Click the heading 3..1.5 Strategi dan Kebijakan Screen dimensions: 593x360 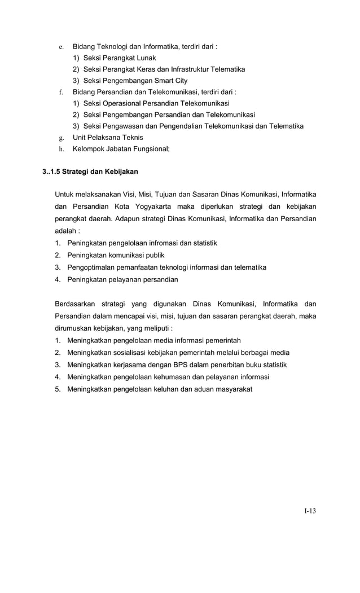[90, 171]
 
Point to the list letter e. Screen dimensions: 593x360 [61, 47]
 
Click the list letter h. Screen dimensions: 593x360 [61, 149]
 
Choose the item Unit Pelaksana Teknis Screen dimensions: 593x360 [108, 138]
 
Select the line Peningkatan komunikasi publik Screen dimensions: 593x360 [112, 255]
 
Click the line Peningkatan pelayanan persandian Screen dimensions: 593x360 [122, 279]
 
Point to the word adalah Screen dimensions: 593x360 [67, 231]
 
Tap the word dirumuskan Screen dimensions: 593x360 [74, 328]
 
